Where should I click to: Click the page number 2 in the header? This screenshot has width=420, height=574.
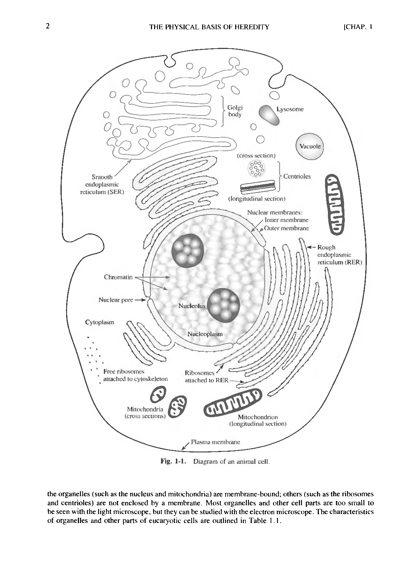click(x=47, y=26)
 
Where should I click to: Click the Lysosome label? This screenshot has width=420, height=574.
click(x=290, y=109)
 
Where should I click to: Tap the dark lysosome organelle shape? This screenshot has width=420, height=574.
click(x=269, y=115)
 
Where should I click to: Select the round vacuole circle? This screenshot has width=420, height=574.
click(x=309, y=146)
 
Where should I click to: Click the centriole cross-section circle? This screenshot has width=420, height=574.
click(x=256, y=168)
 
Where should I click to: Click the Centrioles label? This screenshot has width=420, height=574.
click(x=297, y=176)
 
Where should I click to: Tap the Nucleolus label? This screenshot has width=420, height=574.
click(x=192, y=306)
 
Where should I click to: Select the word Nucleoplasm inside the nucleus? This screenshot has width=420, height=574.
click(x=205, y=334)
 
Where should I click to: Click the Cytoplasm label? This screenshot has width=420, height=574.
click(x=99, y=322)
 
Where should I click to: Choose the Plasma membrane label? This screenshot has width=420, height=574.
click(x=215, y=442)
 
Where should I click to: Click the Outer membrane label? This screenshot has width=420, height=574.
click(x=286, y=228)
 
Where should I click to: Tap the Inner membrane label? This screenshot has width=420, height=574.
click(x=286, y=220)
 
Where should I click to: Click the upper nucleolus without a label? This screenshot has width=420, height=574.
click(x=188, y=251)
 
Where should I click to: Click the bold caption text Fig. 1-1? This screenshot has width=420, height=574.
click(x=173, y=461)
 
